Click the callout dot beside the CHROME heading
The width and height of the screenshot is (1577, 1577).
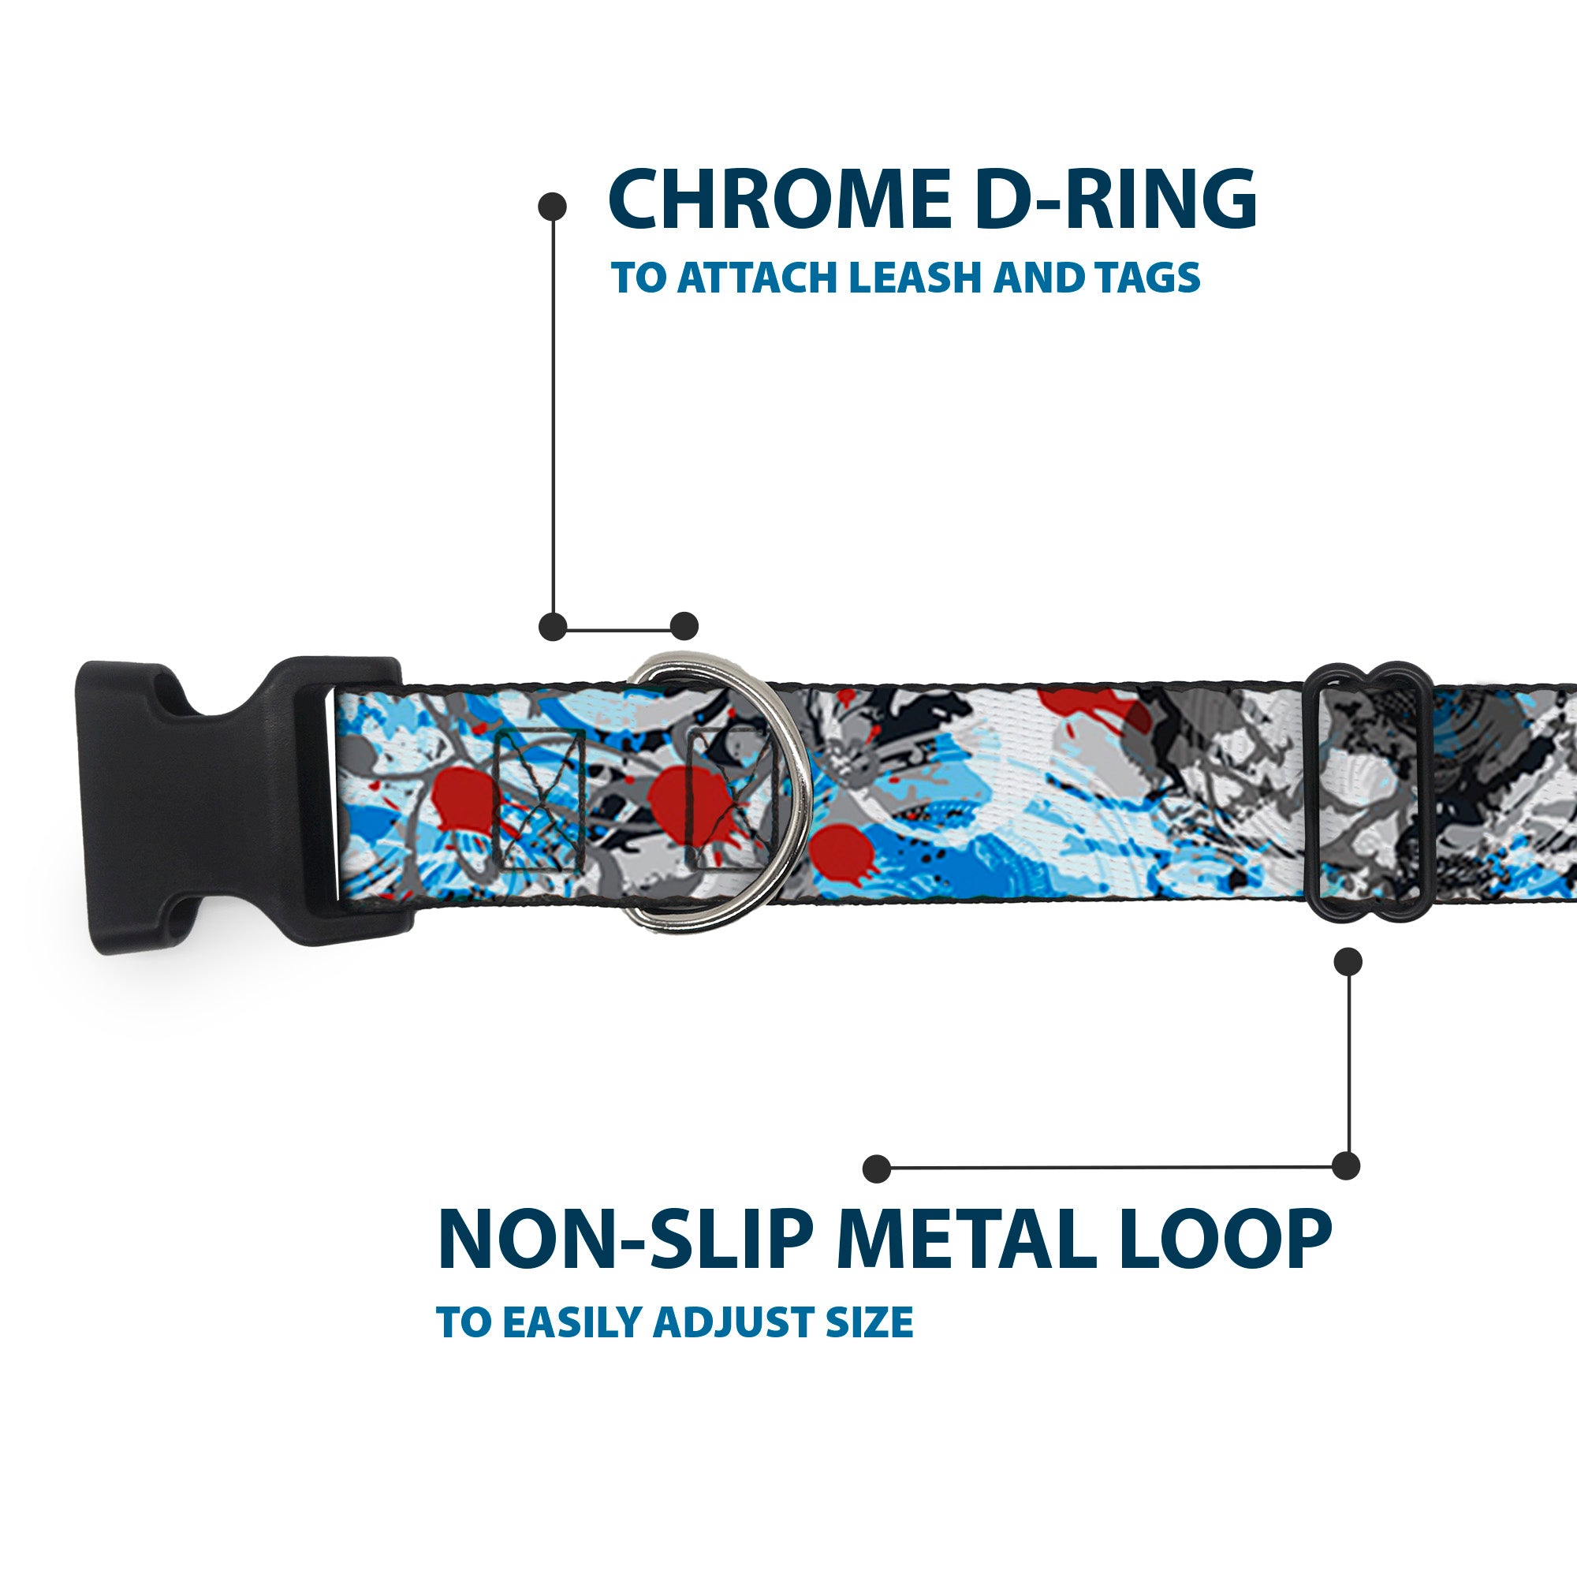point(553,207)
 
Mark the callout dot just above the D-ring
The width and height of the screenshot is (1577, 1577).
point(684,626)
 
